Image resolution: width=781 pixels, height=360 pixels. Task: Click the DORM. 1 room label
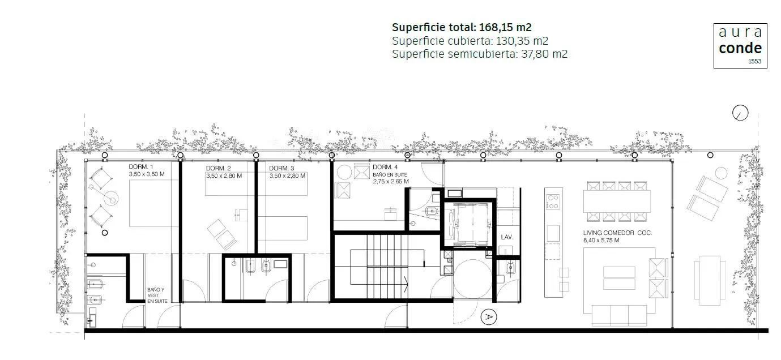[141, 167]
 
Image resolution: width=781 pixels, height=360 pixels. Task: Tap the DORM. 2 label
[218, 168]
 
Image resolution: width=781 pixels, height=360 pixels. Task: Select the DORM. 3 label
[281, 168]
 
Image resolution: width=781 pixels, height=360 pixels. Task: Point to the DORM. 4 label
[385, 168]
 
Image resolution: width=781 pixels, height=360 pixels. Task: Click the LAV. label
[507, 237]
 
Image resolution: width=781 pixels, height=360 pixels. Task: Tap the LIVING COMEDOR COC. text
[617, 233]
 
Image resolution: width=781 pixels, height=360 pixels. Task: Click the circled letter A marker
[488, 317]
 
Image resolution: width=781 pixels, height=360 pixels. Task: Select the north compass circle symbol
[740, 113]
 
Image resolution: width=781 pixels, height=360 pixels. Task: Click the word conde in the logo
[740, 48]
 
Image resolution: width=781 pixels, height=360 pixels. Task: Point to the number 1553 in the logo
[755, 61]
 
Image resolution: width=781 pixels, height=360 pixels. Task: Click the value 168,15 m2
[505, 27]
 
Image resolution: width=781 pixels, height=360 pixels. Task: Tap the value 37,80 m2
[544, 54]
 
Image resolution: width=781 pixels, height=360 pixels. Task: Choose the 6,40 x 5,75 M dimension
[601, 241]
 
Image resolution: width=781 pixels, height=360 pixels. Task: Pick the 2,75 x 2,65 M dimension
[391, 182]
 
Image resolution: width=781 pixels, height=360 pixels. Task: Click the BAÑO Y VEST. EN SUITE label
[157, 295]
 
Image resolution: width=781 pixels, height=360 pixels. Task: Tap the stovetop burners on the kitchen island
[553, 202]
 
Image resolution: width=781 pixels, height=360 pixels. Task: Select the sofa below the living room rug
[619, 315]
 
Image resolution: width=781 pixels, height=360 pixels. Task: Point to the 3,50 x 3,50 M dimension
[147, 174]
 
